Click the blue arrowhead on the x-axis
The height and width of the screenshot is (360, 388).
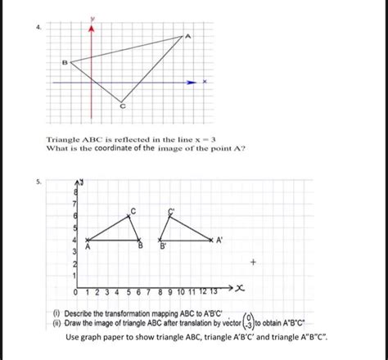tap(192, 83)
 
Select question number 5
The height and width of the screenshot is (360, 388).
tap(27, 183)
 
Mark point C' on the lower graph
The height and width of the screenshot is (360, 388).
tap(170, 216)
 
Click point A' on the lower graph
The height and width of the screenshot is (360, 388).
tap(210, 240)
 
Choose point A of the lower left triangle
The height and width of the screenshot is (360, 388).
tap(87, 241)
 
